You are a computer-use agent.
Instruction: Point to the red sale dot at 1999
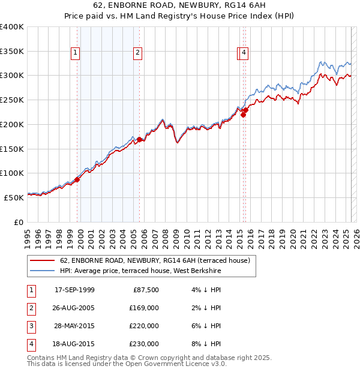pyautogui.click(x=77, y=179)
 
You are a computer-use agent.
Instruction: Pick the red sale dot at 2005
pyautogui.click(x=139, y=140)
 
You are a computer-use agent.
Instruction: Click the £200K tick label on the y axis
pyautogui.click(x=12, y=124)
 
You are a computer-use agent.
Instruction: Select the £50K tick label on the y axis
pyautogui.click(x=14, y=197)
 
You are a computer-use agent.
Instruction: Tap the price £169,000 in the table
pyautogui.click(x=145, y=308)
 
